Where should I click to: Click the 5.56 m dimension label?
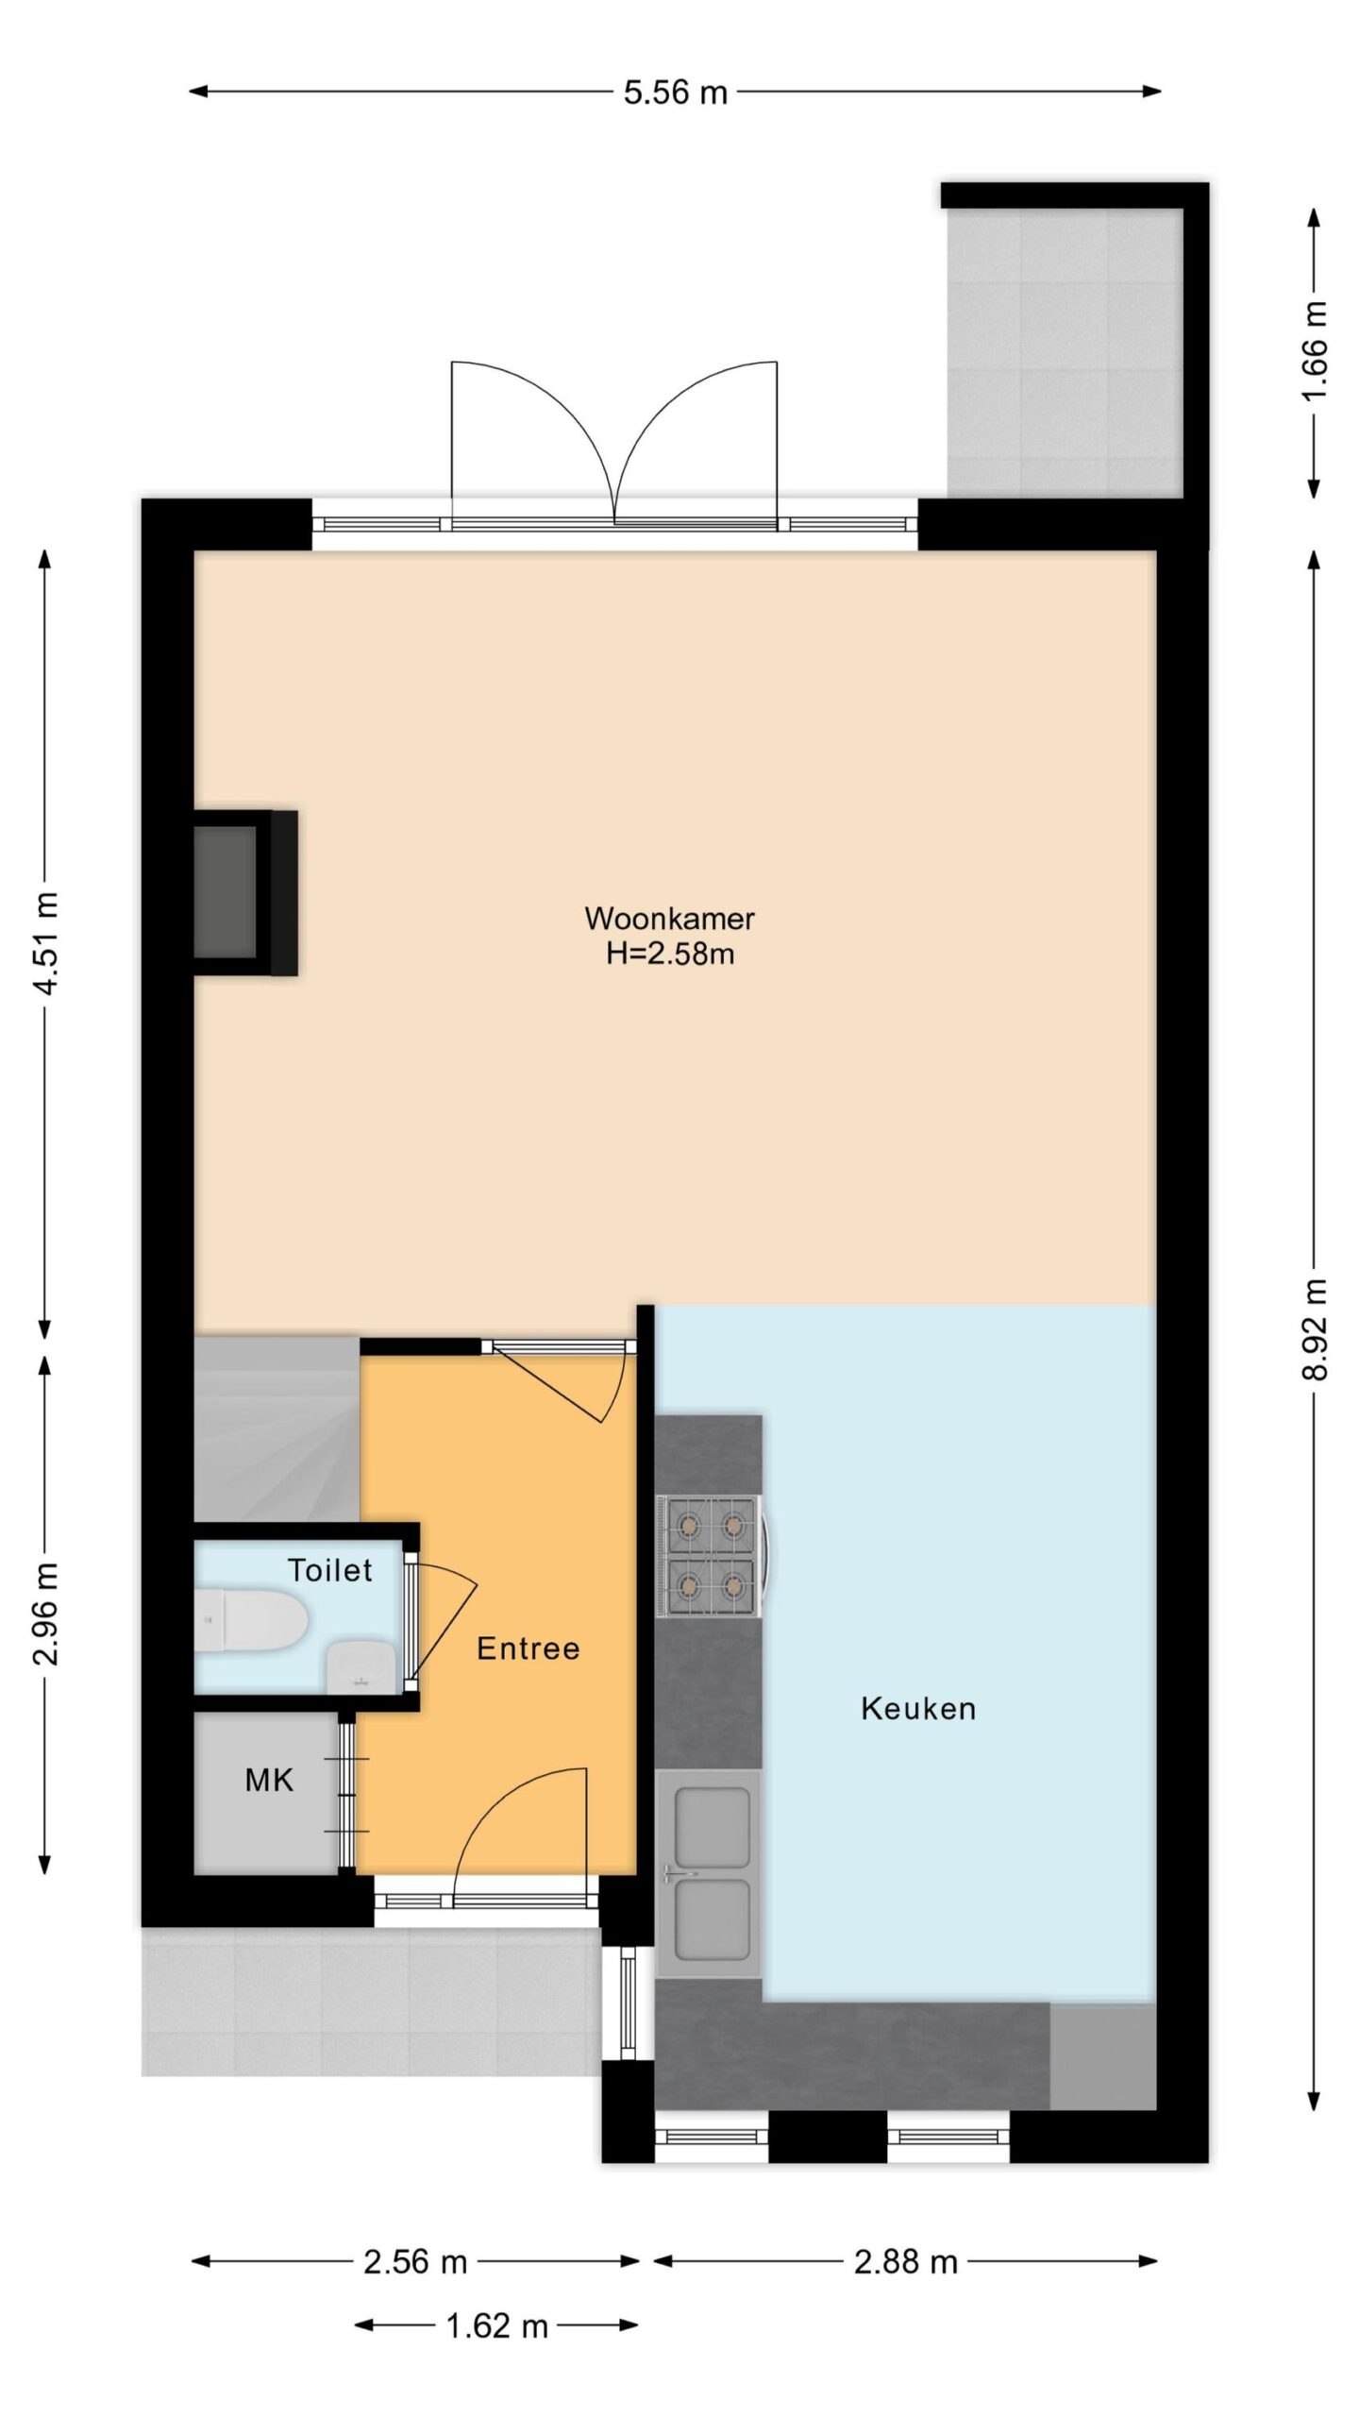pos(676,93)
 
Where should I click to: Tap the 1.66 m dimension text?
pos(1315,351)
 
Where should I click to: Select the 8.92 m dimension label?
pos(1315,1329)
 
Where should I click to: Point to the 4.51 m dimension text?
pos(46,942)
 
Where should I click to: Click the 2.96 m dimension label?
pos(46,1614)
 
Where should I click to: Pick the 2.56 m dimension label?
pos(416,2261)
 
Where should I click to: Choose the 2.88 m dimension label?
pos(906,2261)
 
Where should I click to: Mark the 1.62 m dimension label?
pos(497,2325)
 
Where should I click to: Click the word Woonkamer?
pos(670,918)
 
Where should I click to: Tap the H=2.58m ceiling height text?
pos(670,954)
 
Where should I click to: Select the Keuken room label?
pos(918,1708)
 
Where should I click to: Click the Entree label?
pos(528,1648)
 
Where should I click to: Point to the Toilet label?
pos(330,1570)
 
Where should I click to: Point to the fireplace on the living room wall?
pos(245,892)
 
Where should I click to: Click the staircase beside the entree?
pos(277,1429)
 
